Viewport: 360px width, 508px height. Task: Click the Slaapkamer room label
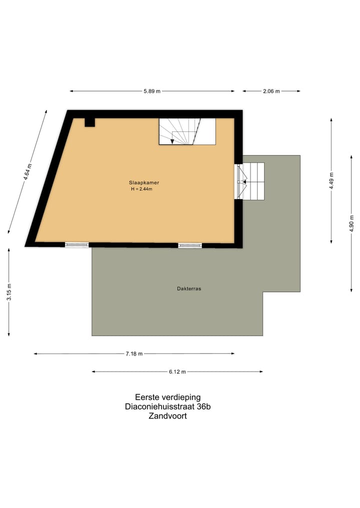[144, 183]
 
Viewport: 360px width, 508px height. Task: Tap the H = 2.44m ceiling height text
[142, 189]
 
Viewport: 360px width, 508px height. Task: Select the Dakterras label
[189, 289]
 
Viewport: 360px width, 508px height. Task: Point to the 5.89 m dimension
[151, 91]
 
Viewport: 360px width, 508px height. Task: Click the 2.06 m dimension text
[271, 91]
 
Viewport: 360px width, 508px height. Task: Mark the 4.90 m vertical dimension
[351, 223]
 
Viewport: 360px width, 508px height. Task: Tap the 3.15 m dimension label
[9, 292]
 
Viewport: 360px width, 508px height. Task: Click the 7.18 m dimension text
[133, 354]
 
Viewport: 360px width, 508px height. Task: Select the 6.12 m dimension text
[177, 372]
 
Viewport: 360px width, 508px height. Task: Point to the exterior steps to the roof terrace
[252, 181]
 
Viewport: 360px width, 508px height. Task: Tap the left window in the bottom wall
[76, 245]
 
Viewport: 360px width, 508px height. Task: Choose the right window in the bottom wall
[190, 245]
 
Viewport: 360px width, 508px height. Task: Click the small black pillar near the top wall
[89, 122]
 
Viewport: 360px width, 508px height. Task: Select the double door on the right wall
[239, 182]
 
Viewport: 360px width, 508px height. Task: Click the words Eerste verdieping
[164, 398]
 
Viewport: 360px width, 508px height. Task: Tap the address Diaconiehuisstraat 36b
[167, 407]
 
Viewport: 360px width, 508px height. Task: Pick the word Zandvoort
[167, 416]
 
